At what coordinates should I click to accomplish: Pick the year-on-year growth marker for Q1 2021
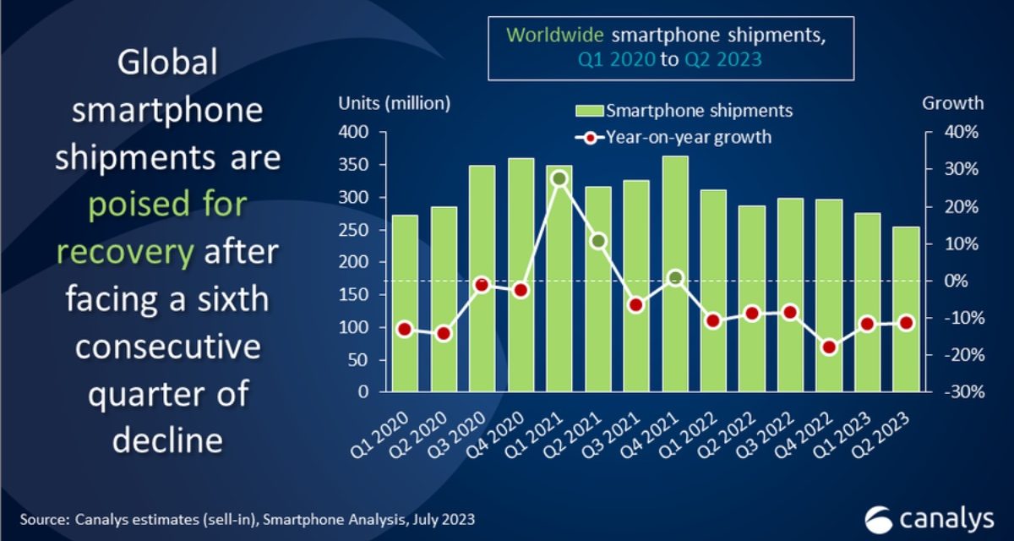pyautogui.click(x=559, y=178)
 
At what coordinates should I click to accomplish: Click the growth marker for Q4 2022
pyautogui.click(x=829, y=347)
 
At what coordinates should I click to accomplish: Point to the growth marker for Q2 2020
pyautogui.click(x=444, y=333)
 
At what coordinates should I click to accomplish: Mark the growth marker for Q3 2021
pyautogui.click(x=636, y=304)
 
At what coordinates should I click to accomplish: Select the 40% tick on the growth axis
pyautogui.click(x=962, y=133)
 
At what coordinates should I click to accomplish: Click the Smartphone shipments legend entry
pyautogui.click(x=684, y=111)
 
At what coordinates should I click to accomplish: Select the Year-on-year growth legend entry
pyautogui.click(x=675, y=136)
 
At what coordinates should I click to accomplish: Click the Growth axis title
pyautogui.click(x=952, y=103)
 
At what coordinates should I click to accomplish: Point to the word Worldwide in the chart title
pyautogui.click(x=555, y=36)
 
